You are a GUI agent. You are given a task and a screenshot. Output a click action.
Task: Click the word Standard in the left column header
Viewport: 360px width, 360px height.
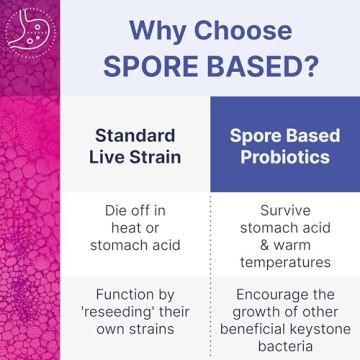tap(135, 135)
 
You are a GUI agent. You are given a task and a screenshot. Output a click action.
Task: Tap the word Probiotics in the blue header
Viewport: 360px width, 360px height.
tap(285, 159)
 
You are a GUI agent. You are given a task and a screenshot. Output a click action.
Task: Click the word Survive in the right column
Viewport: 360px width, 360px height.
tap(285, 212)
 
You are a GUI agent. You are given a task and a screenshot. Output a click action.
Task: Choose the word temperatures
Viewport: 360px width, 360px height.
tap(285, 263)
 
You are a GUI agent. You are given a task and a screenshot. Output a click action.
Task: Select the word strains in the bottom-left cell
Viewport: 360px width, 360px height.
tap(154, 330)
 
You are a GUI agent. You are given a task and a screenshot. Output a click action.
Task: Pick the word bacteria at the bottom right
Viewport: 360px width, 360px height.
tap(285, 347)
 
